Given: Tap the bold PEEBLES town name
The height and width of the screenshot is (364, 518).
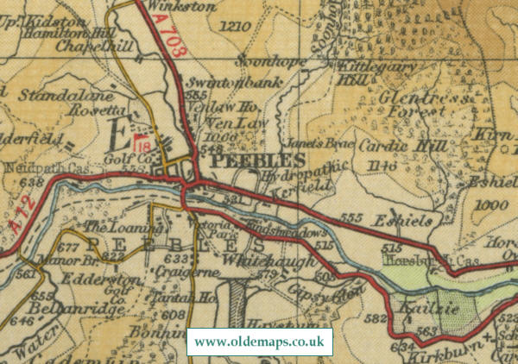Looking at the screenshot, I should point(257,161).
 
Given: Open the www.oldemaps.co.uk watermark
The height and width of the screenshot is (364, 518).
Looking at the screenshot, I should point(259,342).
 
